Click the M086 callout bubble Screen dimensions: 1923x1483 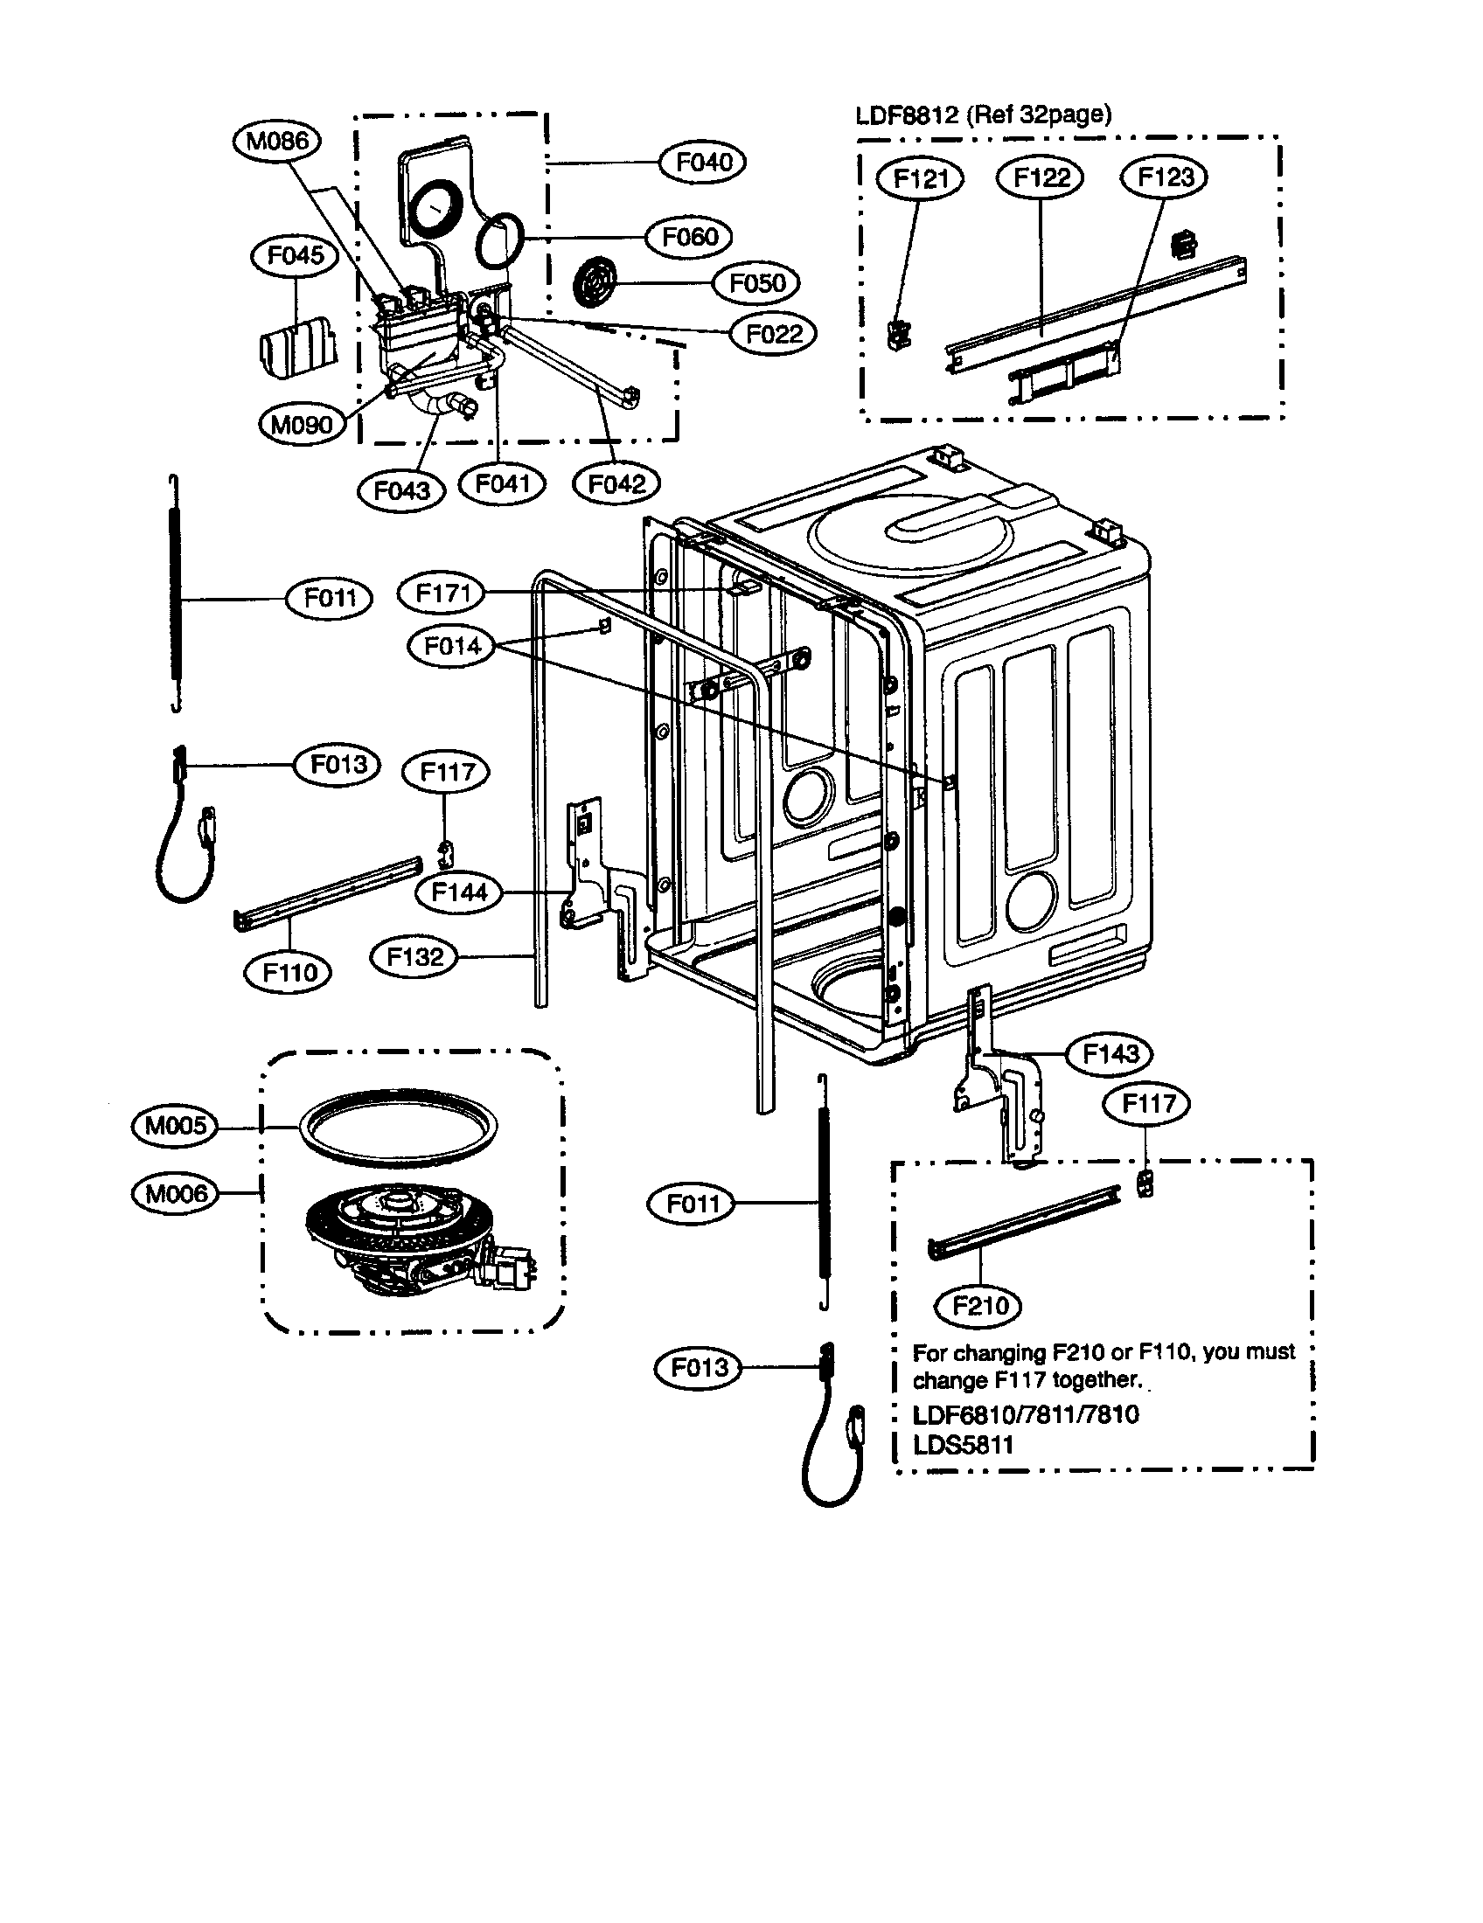click(277, 141)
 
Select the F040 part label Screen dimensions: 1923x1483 click(703, 162)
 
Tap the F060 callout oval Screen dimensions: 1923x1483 click(690, 237)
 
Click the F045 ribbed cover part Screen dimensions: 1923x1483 click(298, 348)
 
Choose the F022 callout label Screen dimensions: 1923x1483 click(773, 334)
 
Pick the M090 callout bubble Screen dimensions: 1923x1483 click(302, 425)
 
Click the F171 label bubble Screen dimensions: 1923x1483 click(442, 593)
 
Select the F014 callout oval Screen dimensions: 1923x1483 click(453, 646)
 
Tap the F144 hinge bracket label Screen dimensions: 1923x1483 click(459, 892)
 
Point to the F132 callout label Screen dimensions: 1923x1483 click(414, 956)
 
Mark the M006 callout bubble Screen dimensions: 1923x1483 click(175, 1193)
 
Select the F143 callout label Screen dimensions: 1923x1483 click(1110, 1053)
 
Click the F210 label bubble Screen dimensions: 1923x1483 click(980, 1305)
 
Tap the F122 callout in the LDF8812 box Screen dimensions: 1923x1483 click(1040, 177)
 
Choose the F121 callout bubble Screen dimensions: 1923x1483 click(920, 178)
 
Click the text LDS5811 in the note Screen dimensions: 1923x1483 click(964, 1445)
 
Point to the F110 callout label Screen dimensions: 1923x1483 click(289, 972)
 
